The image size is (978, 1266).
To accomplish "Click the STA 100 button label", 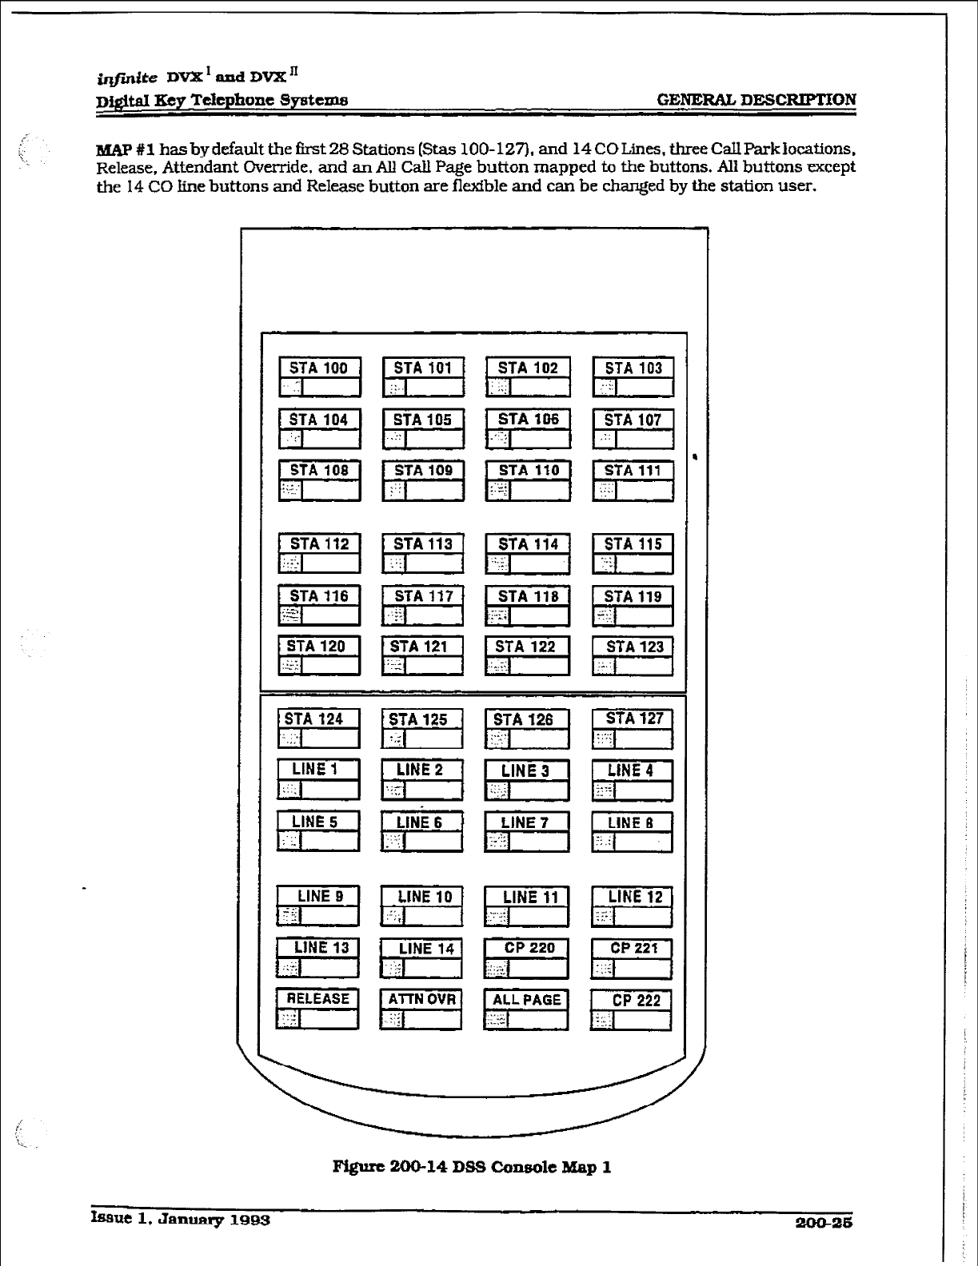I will tap(319, 368).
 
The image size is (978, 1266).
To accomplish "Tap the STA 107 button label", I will tap(633, 420).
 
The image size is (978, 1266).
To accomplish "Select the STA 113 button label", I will tap(423, 544).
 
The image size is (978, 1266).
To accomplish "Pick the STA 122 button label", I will tap(525, 647).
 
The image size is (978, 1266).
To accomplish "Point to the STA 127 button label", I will tap(634, 719).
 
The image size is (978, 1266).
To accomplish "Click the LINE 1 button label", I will tap(315, 770).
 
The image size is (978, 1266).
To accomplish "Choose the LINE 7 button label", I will tap(525, 822).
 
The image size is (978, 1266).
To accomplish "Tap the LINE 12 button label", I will tap(635, 897).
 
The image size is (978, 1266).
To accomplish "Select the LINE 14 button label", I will tap(426, 949).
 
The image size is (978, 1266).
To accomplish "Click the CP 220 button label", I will tap(529, 948).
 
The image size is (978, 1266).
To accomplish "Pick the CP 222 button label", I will tap(637, 1001).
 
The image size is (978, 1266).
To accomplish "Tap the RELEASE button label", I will tap(318, 999).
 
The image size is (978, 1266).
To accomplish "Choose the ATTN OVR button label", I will tap(421, 999).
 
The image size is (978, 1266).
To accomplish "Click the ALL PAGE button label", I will tap(527, 1000).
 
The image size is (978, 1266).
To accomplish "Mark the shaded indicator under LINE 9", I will tap(289, 916).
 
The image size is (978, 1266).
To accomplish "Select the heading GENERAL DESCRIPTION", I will tap(756, 100).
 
